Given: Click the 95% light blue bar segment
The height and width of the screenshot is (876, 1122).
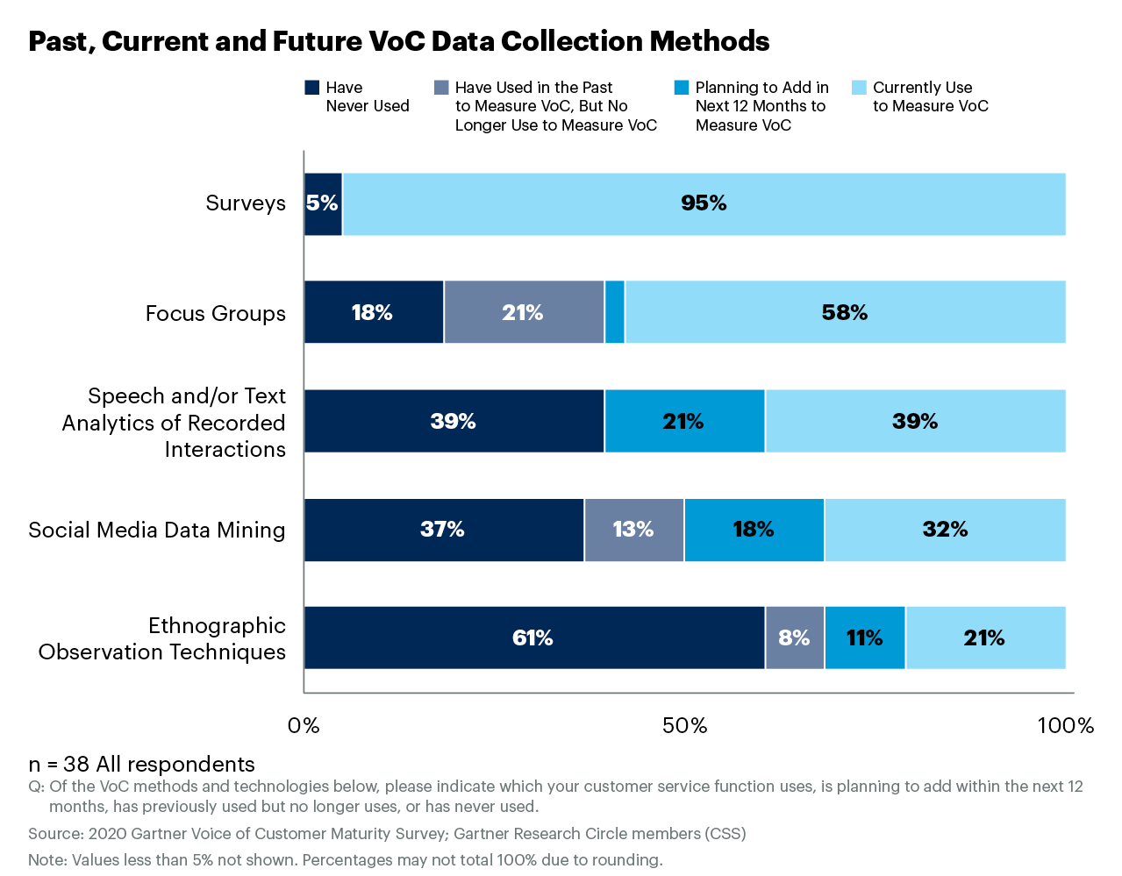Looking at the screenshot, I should click(704, 204).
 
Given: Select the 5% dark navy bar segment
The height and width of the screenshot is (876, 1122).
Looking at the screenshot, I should click(322, 204).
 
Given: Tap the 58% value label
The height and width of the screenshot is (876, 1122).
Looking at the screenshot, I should click(844, 313).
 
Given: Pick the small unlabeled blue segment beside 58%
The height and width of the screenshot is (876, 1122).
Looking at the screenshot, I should click(614, 312).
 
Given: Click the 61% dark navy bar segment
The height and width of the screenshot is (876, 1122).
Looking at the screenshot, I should click(533, 637).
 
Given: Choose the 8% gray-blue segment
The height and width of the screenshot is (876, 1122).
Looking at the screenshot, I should click(794, 637).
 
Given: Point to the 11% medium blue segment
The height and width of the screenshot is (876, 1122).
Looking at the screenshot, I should click(864, 637).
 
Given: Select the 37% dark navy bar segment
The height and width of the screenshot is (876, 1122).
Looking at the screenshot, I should click(443, 530).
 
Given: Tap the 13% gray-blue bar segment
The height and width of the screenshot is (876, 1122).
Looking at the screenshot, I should click(633, 530).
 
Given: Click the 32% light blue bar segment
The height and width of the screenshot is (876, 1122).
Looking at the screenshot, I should click(945, 530).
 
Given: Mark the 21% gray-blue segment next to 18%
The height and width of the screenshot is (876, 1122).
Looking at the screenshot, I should click(523, 312).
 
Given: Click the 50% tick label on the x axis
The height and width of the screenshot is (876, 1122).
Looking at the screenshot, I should click(684, 726).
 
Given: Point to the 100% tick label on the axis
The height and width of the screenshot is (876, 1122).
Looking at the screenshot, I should click(1065, 726).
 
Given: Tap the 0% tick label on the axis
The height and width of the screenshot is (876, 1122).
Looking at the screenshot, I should click(304, 726).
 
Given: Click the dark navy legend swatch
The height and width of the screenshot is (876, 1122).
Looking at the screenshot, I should click(311, 87).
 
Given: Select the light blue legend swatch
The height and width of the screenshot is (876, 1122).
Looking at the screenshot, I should click(859, 87).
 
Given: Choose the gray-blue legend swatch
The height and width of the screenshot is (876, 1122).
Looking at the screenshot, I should click(441, 87).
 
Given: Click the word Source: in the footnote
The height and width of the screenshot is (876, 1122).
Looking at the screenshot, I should click(55, 834).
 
